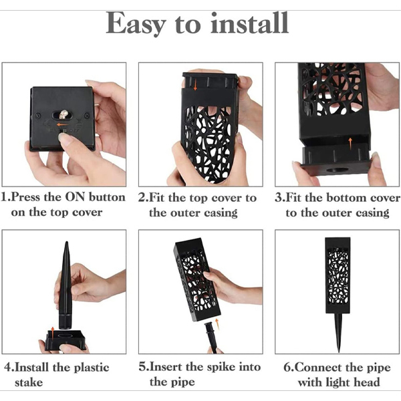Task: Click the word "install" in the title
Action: [249, 23]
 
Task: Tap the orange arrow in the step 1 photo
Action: [62, 125]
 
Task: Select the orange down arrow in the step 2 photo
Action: [195, 85]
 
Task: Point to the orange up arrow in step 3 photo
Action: [350, 144]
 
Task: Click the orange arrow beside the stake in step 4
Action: [52, 333]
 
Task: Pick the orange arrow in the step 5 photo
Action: [218, 323]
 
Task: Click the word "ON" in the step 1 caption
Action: [75, 197]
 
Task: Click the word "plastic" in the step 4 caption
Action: [92, 368]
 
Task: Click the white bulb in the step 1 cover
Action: [63, 114]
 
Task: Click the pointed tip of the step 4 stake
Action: [66, 242]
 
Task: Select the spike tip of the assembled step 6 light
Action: [339, 352]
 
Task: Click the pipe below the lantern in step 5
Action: [211, 337]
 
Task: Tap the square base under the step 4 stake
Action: [65, 340]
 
